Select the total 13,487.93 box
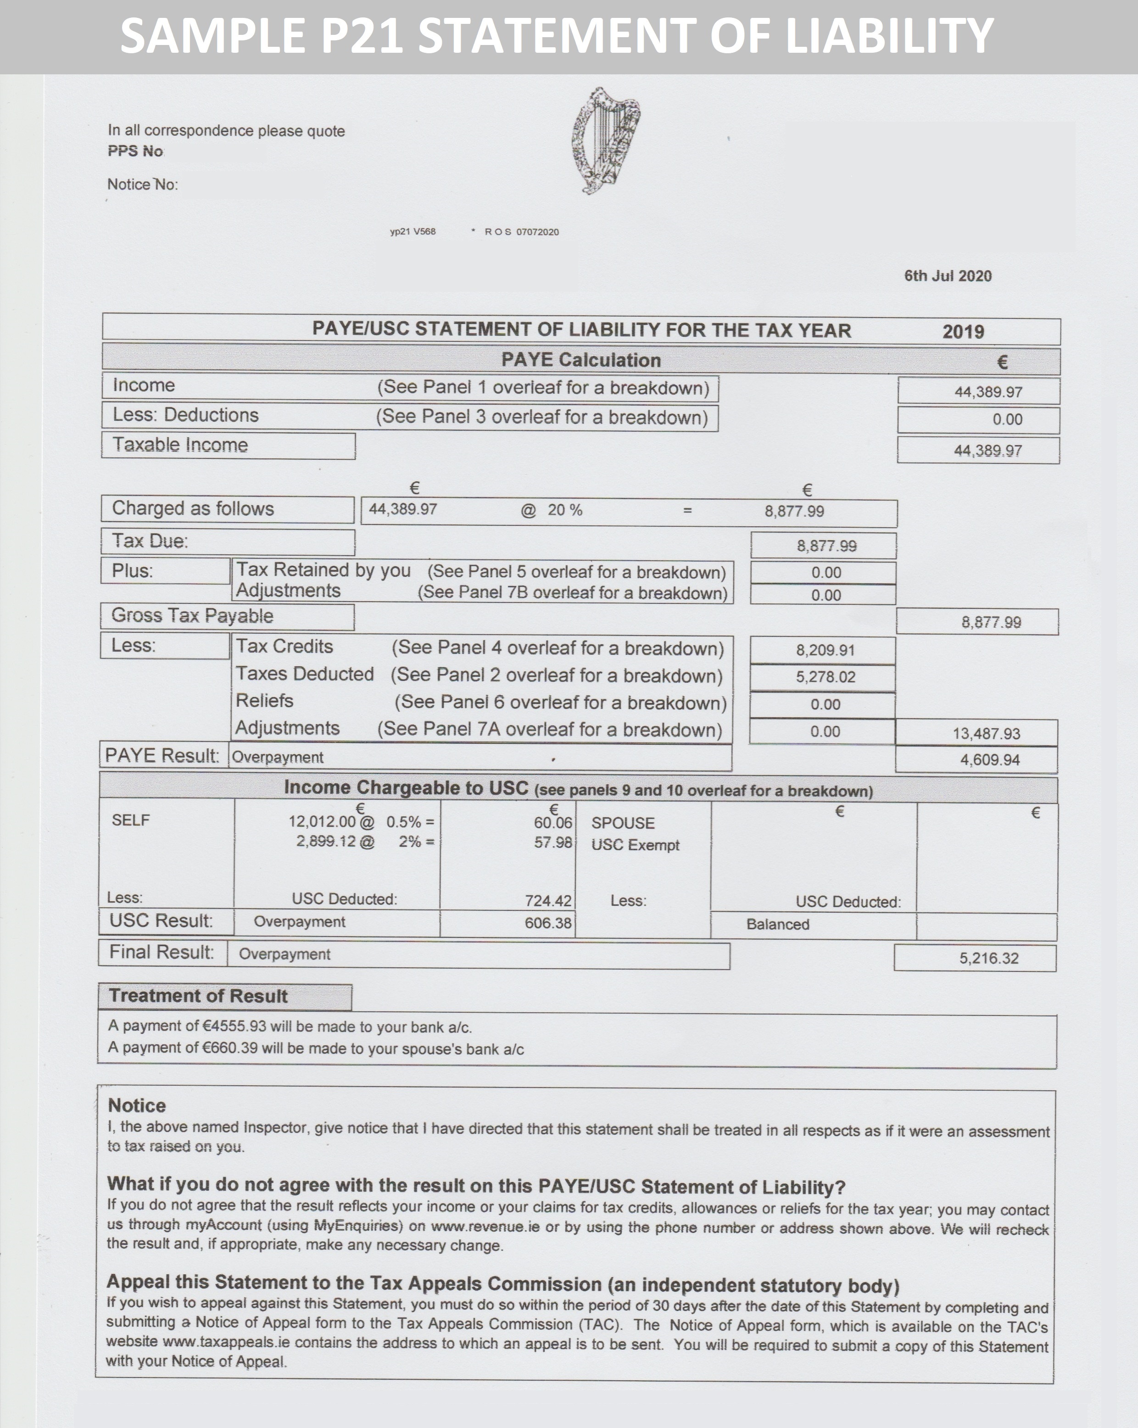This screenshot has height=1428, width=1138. [986, 733]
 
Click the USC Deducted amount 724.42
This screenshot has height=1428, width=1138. [547, 901]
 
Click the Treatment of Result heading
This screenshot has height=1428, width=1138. [198, 996]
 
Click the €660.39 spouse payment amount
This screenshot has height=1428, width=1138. [229, 1049]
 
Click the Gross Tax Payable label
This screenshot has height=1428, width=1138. [192, 616]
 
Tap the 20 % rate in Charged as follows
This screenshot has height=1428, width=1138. [564, 510]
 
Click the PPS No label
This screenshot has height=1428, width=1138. [135, 151]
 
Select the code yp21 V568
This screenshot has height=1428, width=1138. [413, 232]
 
